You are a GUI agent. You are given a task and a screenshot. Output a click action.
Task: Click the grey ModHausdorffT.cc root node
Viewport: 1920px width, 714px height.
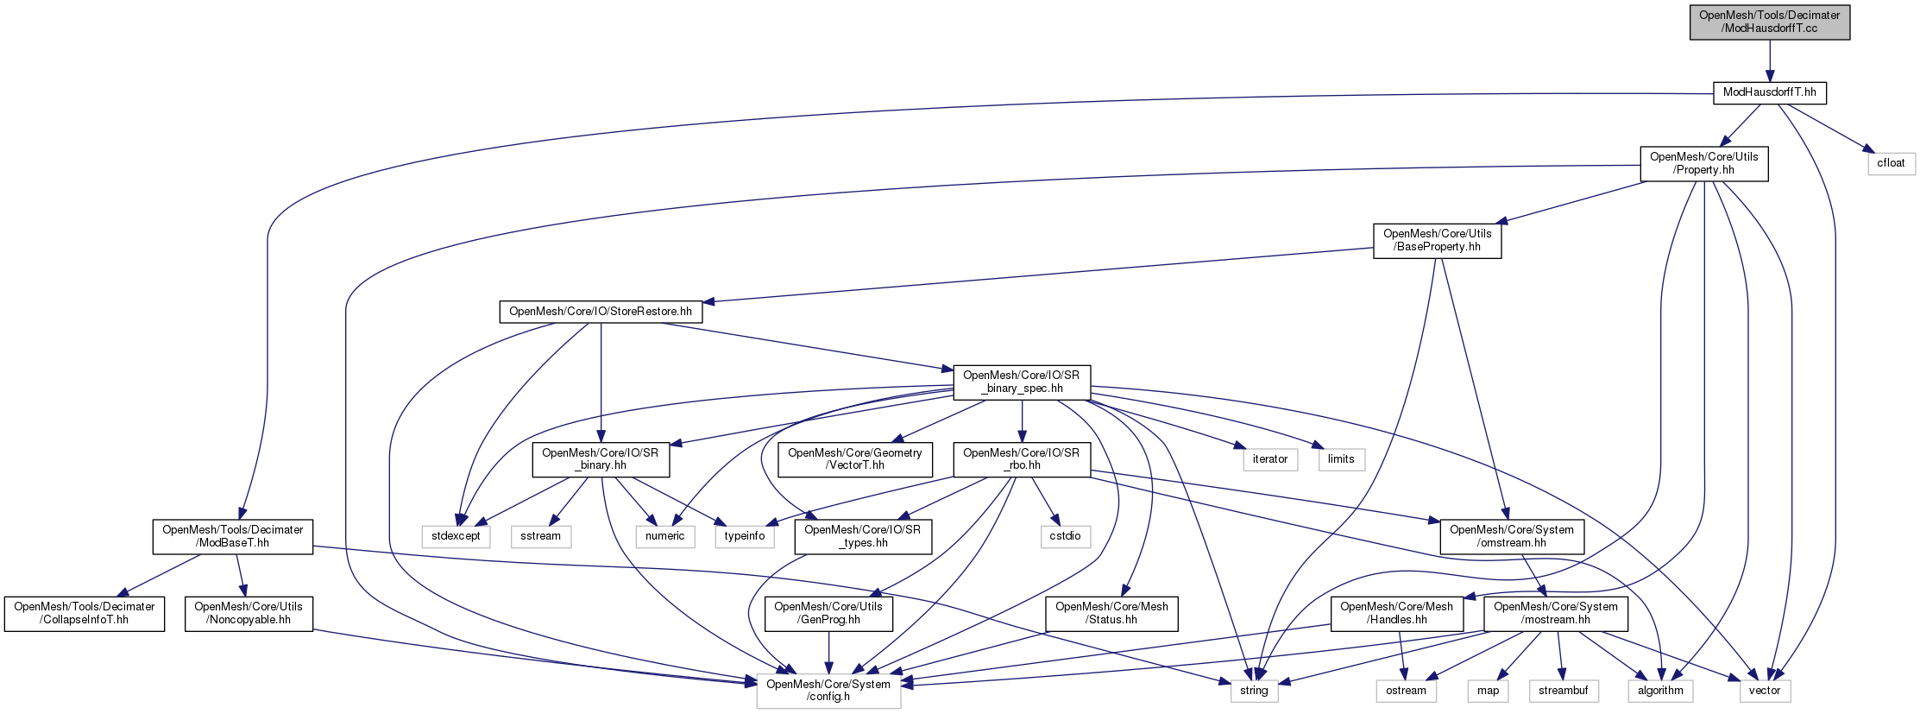click(x=1769, y=22)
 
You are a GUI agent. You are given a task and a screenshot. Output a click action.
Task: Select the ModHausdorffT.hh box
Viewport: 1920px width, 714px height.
click(x=1769, y=92)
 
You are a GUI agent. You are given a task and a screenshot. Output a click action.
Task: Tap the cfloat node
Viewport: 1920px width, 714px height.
click(x=1891, y=163)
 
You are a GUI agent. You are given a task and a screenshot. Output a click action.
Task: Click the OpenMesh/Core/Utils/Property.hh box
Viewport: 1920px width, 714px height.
click(x=1703, y=163)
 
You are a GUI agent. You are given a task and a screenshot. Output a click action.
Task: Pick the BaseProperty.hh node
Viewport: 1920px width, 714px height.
click(x=1437, y=240)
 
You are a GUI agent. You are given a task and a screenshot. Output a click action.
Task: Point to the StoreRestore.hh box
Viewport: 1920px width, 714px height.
click(x=601, y=312)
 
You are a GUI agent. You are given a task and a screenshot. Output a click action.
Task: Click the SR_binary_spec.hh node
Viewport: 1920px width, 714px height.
click(x=1021, y=382)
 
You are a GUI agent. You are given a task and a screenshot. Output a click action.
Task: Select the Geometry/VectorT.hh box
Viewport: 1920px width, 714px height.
click(x=854, y=458)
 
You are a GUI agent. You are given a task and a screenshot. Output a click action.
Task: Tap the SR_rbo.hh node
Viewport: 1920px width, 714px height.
click(x=1021, y=458)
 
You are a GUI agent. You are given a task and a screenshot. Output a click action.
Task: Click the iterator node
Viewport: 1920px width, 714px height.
click(x=1269, y=459)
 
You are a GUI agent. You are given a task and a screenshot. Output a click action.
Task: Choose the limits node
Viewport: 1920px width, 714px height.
click(x=1341, y=459)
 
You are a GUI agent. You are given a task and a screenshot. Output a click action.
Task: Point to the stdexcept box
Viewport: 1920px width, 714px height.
click(x=456, y=536)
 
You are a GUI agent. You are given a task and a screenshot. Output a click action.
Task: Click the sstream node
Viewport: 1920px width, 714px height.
click(x=540, y=536)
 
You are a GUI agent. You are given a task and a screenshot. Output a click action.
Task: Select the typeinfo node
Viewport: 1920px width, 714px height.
click(x=744, y=536)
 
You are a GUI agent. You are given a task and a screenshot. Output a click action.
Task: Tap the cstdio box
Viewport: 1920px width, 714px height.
click(x=1065, y=536)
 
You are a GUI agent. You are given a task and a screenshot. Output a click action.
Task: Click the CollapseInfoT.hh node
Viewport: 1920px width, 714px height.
click(x=84, y=613)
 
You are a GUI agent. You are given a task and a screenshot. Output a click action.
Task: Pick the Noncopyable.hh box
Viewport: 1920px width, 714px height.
click(x=248, y=613)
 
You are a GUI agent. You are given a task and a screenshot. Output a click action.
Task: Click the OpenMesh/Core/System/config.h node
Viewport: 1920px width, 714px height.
click(x=828, y=691)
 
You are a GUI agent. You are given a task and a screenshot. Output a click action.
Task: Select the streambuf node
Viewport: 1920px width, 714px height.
click(x=1563, y=691)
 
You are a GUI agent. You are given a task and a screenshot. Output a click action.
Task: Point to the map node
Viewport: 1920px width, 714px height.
click(x=1488, y=691)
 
